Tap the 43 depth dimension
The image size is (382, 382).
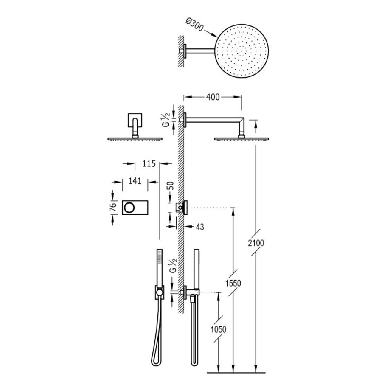199,227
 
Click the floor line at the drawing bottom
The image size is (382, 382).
236,372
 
